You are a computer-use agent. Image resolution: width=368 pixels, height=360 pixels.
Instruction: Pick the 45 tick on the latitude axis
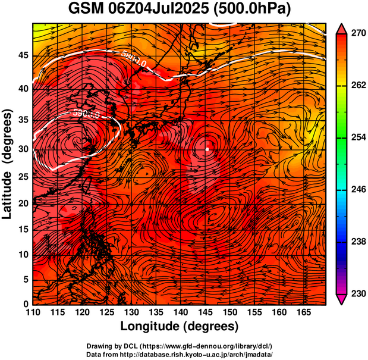(23, 55)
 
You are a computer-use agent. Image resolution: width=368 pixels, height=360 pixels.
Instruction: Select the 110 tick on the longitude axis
(33, 312)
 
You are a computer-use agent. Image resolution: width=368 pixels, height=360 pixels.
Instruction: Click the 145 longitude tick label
(206, 312)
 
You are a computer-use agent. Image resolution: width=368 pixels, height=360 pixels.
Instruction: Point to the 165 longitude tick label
(304, 312)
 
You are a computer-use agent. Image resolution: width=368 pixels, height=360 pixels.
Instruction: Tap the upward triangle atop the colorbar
(342, 27)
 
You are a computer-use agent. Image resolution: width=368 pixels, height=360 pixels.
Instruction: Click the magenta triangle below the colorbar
(342, 300)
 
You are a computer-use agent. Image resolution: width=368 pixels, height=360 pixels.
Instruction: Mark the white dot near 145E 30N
(206, 150)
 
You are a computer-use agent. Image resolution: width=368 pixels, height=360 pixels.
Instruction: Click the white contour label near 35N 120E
(84, 113)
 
